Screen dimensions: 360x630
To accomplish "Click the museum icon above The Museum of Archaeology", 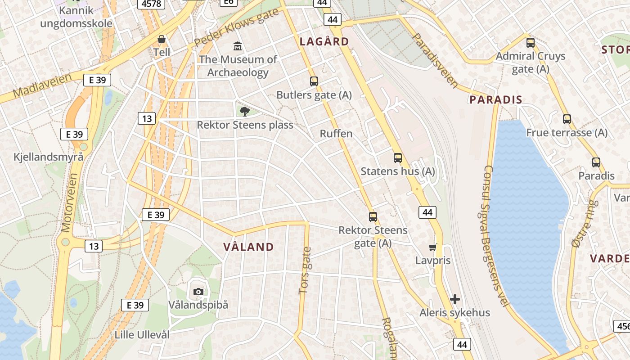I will click(237, 46).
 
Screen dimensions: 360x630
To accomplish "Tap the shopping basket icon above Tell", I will click(162, 39).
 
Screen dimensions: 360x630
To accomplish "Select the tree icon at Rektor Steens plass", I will click(245, 111).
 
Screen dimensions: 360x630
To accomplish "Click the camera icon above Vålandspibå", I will click(198, 292).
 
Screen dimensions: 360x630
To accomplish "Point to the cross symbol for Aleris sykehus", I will click(455, 299).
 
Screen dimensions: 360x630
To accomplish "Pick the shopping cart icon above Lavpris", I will click(433, 247).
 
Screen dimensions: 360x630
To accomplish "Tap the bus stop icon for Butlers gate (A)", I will click(314, 81).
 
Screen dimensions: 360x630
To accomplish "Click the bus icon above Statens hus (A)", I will click(398, 158).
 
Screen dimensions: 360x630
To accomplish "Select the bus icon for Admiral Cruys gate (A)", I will click(531, 43).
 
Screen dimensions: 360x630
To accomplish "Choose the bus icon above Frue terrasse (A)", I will click(567, 119).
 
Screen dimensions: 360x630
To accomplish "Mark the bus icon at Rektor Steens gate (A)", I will click(373, 216).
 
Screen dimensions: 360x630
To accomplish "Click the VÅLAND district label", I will click(248, 247).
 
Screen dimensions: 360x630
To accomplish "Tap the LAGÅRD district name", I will click(324, 42).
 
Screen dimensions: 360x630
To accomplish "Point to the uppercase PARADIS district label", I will click(496, 100).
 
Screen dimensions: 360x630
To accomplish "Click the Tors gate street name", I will click(305, 270).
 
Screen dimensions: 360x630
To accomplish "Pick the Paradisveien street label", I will click(435, 60).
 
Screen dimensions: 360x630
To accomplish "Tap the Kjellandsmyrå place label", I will click(49, 157).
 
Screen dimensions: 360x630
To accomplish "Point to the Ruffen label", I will click(336, 134).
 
